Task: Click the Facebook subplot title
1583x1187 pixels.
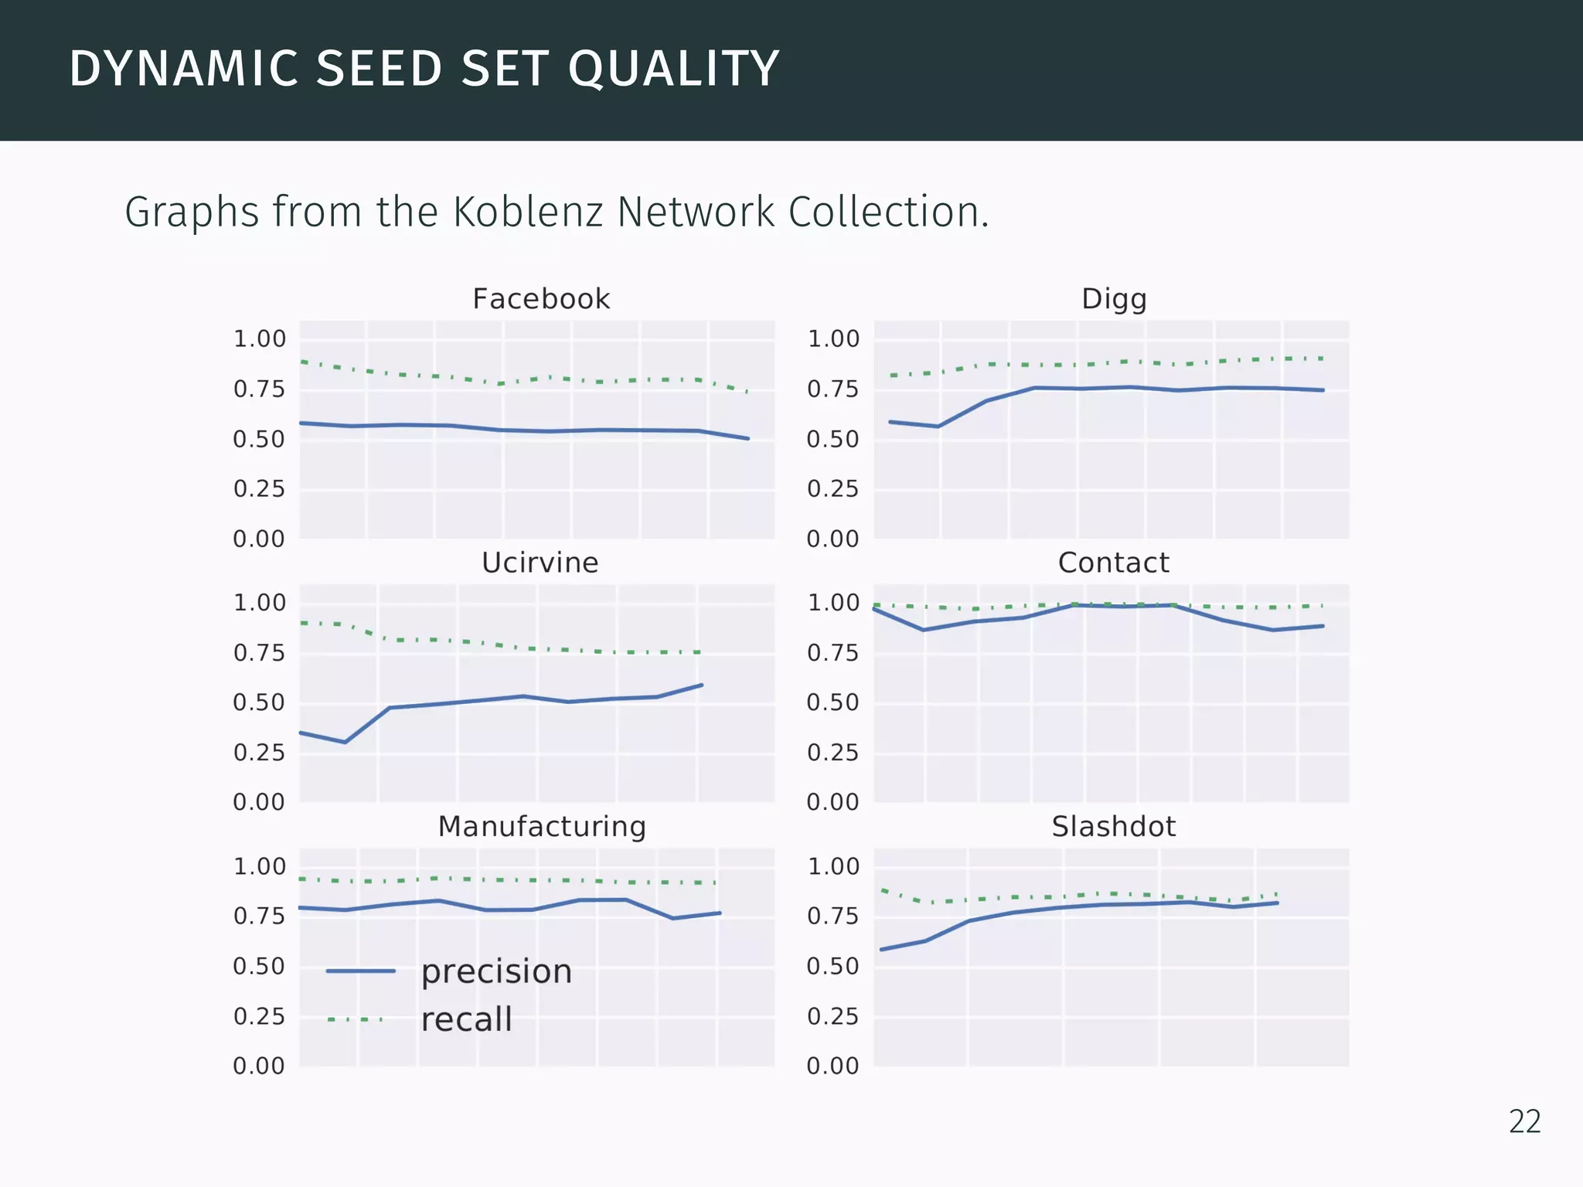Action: point(541,299)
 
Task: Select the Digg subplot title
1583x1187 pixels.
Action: point(1113,299)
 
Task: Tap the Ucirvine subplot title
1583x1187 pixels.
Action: point(540,563)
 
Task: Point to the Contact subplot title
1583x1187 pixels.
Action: point(1113,563)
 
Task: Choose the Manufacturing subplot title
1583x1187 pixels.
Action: point(542,827)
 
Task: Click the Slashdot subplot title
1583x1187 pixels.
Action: point(1113,827)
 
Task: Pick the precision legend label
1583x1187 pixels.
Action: point(496,972)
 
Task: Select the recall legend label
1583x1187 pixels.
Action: point(466,1020)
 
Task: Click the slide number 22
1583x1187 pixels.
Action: point(1524,1122)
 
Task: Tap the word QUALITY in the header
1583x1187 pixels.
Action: point(673,69)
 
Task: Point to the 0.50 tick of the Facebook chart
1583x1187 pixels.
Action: point(259,439)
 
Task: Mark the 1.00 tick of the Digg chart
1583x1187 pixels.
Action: point(832,338)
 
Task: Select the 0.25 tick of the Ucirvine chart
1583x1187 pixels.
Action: point(259,752)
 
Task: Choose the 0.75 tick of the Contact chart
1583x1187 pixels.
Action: point(832,653)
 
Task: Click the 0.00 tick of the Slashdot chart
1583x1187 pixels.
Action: point(832,1066)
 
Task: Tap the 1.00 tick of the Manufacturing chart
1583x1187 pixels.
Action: point(259,866)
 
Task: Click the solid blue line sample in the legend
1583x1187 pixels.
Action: point(360,971)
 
